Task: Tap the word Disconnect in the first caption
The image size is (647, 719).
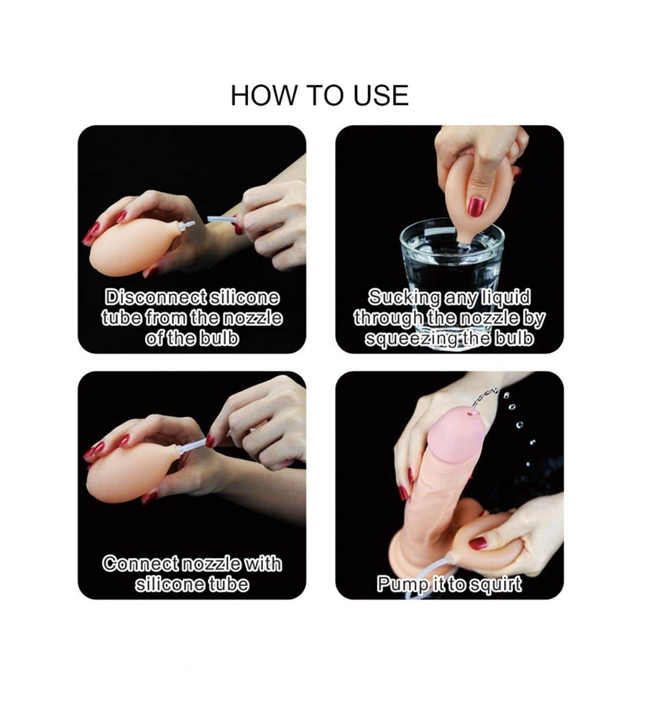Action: click(x=155, y=298)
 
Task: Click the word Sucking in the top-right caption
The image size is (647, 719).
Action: click(x=404, y=298)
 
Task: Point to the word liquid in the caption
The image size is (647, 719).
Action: click(x=506, y=298)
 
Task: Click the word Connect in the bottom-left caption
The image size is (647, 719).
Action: click(x=140, y=564)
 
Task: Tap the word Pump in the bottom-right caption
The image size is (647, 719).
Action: click(x=398, y=585)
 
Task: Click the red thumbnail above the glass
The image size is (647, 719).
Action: click(x=475, y=207)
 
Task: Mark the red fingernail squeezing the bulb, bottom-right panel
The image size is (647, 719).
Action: click(x=478, y=543)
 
